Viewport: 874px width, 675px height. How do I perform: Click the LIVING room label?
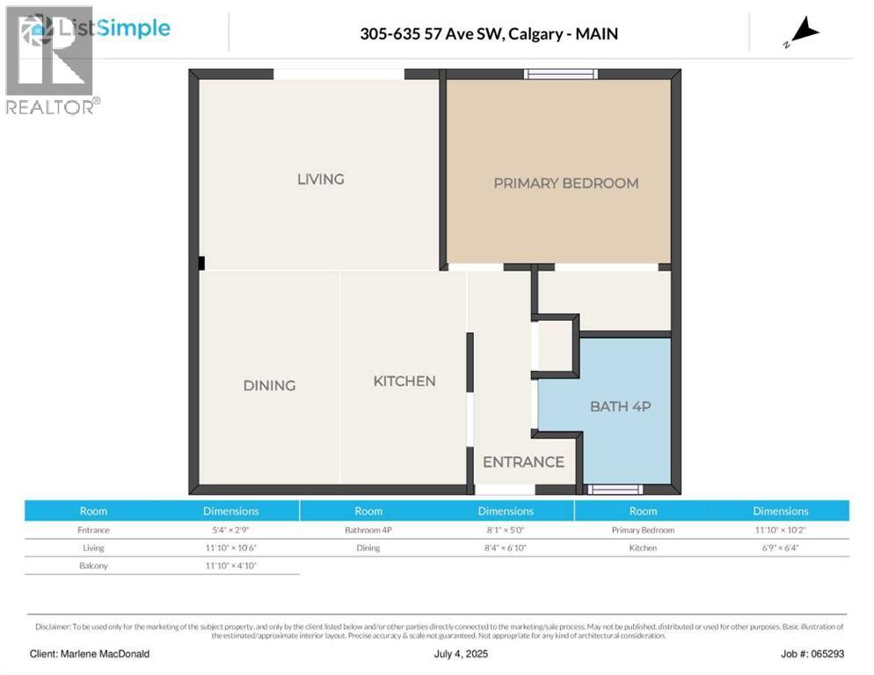320,179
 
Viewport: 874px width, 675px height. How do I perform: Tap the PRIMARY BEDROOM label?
565,183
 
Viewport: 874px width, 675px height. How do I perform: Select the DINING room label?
269,385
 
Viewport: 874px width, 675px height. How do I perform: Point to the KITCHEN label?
404,381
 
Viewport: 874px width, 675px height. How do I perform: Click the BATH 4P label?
619,406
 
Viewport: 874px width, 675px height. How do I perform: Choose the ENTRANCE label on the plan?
523,461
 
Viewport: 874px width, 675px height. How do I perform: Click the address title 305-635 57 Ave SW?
488,33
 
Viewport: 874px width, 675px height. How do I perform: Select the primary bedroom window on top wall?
561,74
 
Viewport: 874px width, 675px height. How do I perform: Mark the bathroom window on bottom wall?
615,490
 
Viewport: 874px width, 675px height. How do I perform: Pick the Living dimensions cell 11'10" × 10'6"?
230,548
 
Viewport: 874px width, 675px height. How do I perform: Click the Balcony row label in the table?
93,565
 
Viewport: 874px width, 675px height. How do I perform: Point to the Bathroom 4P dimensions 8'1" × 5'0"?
506,530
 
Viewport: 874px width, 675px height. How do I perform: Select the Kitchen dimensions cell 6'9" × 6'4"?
780,548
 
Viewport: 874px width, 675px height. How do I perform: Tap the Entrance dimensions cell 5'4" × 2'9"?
230,530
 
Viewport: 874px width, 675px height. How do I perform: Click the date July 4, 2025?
461,654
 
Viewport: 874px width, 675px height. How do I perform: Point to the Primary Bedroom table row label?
643,530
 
